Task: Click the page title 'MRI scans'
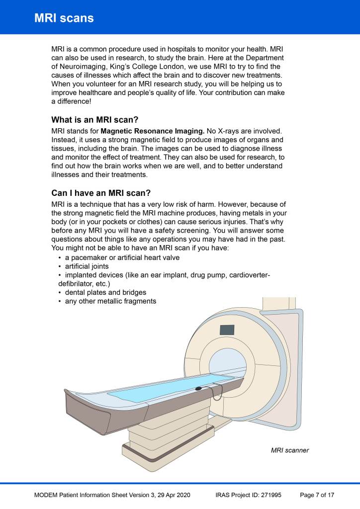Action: [64, 18]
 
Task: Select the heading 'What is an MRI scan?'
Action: [94, 120]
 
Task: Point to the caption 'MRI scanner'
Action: [290, 450]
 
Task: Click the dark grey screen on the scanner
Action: [227, 330]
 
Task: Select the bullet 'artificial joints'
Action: [87, 266]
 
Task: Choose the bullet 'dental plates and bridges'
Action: [105, 292]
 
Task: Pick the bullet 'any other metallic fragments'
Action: [110, 301]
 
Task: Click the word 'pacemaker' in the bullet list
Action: [89, 257]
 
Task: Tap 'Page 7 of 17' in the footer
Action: [317, 495]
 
